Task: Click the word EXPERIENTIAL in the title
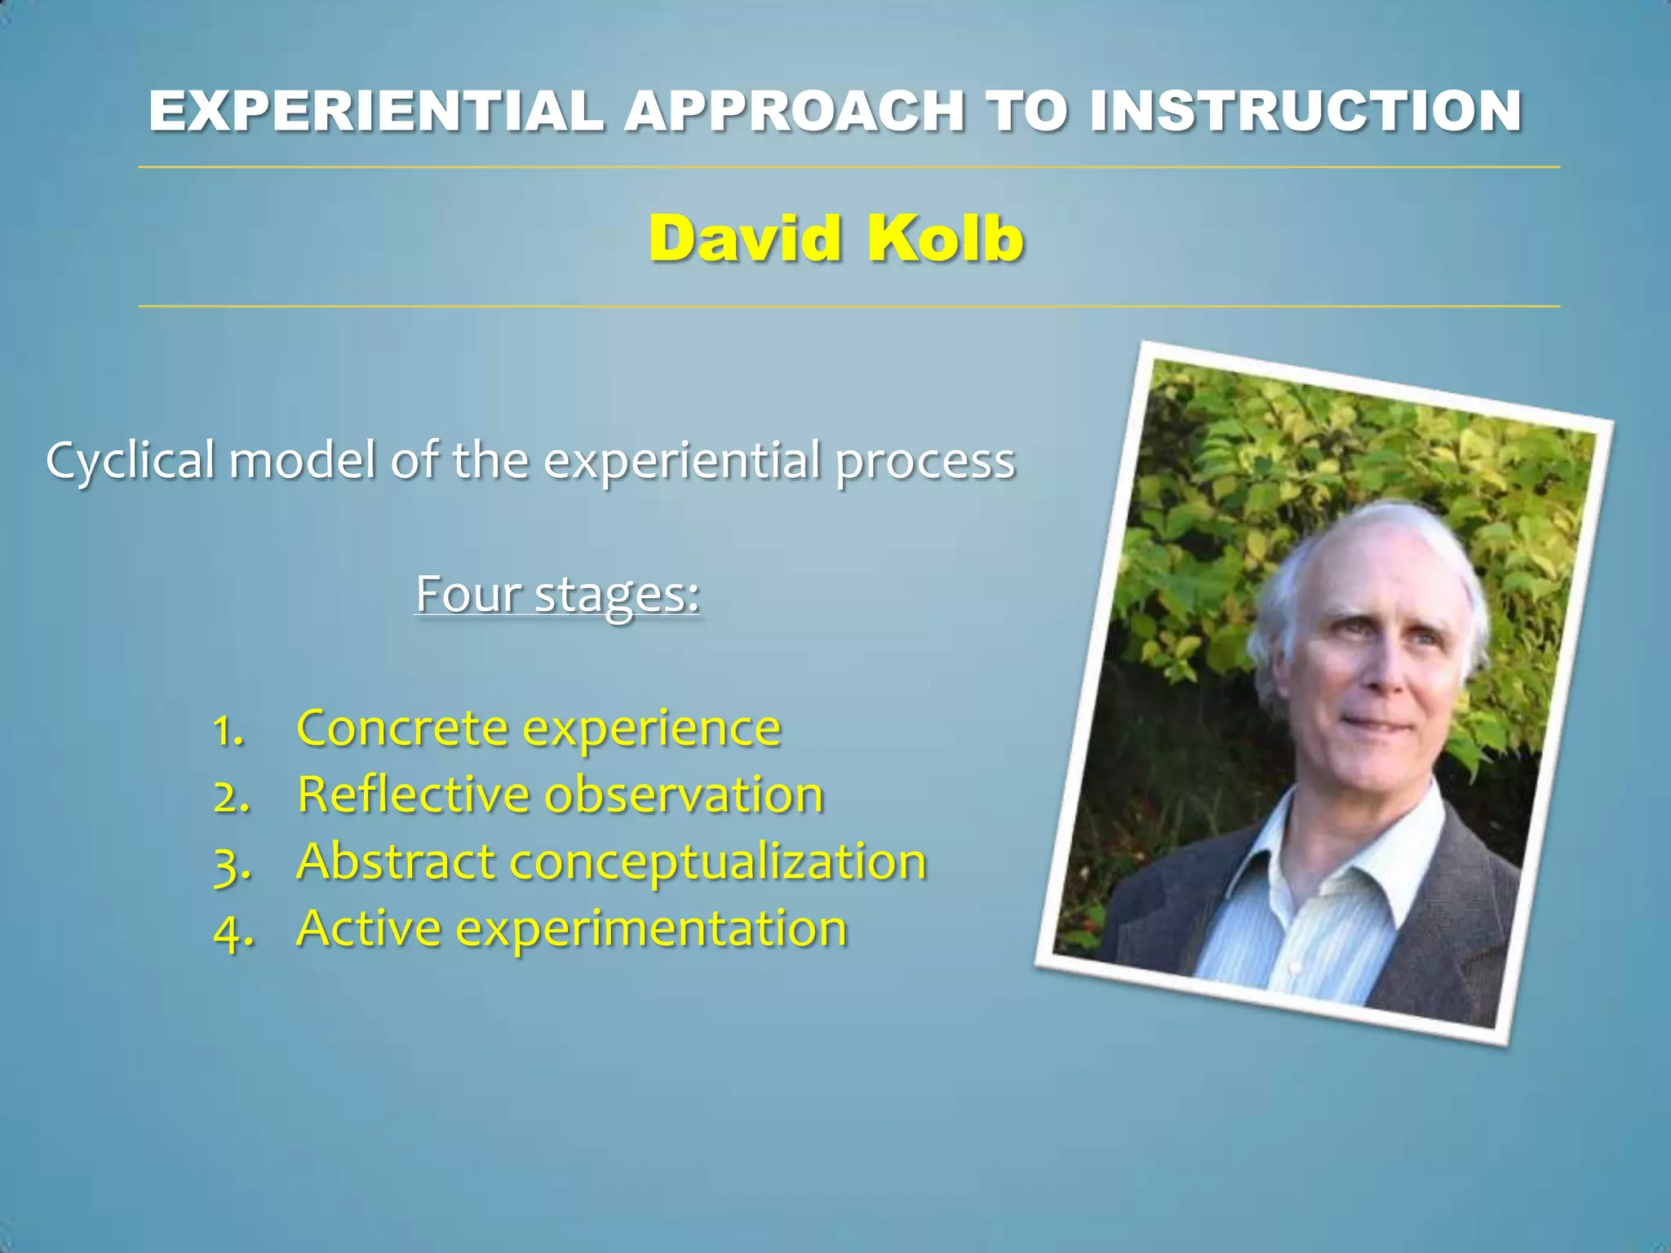coord(377,111)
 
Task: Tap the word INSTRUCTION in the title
coord(1305,111)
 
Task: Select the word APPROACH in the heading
coord(796,111)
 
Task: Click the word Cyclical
coord(131,462)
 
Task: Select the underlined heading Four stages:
coord(558,594)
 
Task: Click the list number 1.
coord(228,730)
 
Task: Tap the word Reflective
coord(413,795)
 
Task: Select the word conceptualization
coord(718,863)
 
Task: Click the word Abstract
coord(397,861)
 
